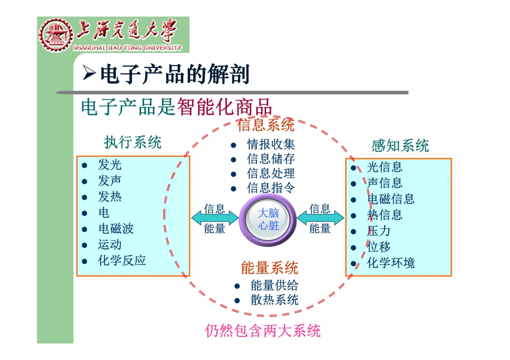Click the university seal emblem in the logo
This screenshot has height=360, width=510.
56,35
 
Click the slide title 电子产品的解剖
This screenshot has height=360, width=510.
174,75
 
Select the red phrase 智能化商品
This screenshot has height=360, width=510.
225,107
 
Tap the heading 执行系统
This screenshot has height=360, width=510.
133,142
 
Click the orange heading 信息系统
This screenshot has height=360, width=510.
266,125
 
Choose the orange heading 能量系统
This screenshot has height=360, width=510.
270,268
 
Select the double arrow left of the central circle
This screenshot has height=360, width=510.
215,218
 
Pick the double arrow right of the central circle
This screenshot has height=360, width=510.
320,218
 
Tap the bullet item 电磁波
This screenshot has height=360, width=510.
116,229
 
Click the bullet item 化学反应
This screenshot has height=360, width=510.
122,260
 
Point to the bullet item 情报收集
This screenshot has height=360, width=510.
271,144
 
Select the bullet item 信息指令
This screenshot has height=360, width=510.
271,188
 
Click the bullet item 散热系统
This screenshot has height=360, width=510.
274,300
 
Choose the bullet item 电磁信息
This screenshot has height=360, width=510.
391,199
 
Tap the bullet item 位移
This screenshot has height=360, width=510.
379,247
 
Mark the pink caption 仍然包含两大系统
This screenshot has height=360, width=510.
263,331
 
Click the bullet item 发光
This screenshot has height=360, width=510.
110,165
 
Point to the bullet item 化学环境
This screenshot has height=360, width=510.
391,263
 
